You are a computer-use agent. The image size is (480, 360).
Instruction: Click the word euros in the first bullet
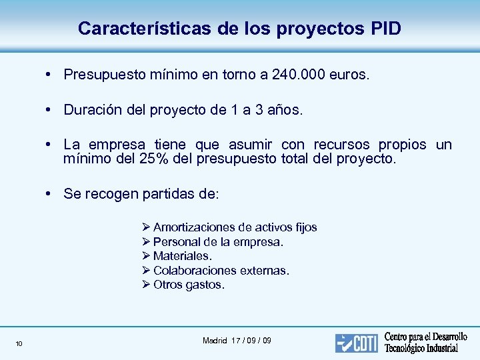pyautogui.click(x=347, y=75)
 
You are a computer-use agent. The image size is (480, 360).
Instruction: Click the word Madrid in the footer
pyautogui.click(x=215, y=341)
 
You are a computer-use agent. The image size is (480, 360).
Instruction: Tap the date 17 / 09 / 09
pyautogui.click(x=252, y=341)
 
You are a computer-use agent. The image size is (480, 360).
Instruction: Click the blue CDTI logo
pyautogui.click(x=356, y=343)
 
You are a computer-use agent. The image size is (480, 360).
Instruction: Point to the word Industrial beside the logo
pyautogui.click(x=438, y=349)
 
